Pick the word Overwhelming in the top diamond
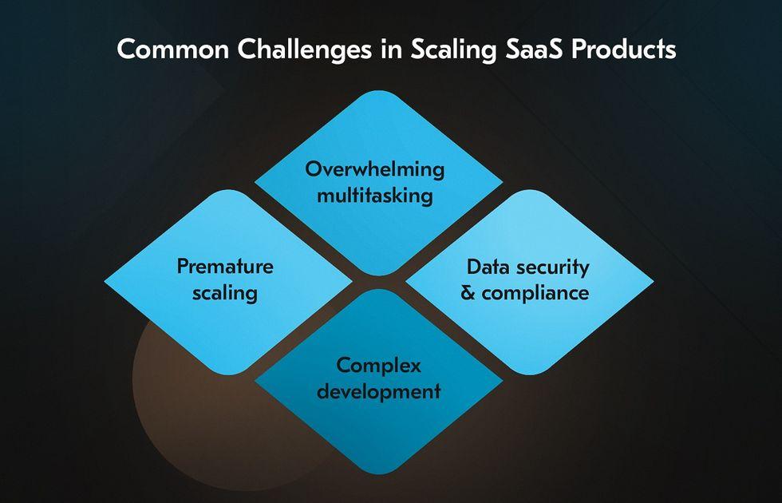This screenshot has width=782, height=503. pos(375,169)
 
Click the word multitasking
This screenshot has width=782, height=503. pos(375,195)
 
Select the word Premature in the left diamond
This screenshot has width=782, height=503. pos(225,266)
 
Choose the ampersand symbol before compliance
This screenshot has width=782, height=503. pos(468,292)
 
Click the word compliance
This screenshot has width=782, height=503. pos(535,293)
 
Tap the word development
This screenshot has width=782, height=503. pos(378,391)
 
